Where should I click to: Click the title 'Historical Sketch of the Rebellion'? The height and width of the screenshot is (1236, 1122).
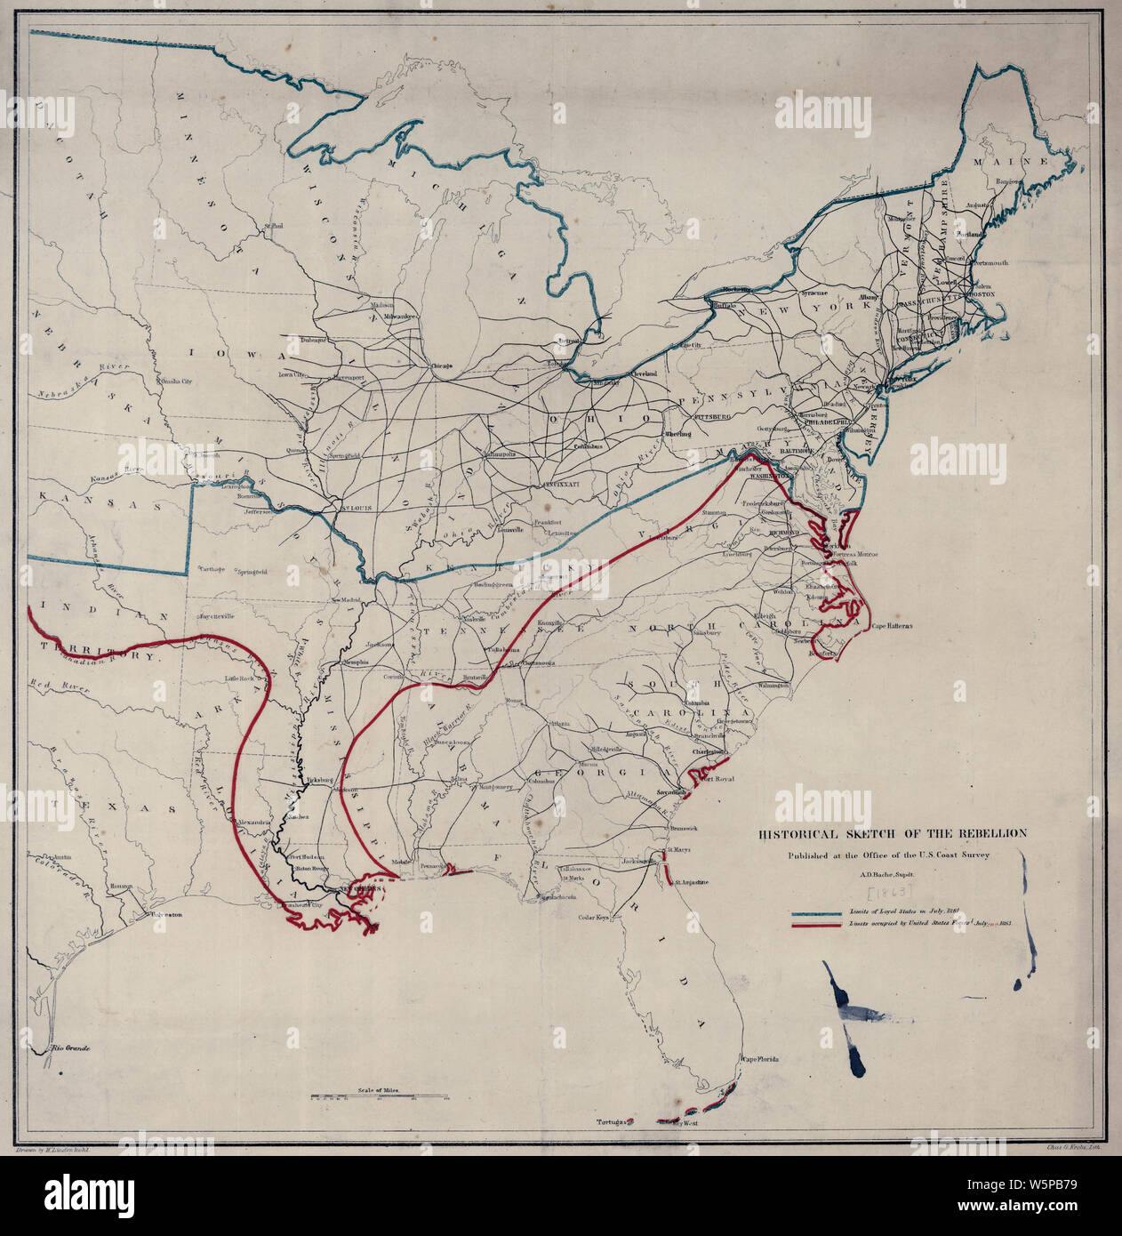892,834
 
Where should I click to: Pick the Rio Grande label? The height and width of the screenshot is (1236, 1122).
71,1049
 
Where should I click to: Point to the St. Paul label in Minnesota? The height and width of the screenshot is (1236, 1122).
272,228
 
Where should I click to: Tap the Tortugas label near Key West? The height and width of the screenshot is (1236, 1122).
613,1122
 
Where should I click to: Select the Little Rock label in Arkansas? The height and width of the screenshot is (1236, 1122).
240,678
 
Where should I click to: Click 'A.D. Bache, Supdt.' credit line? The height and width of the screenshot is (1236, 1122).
892,874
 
